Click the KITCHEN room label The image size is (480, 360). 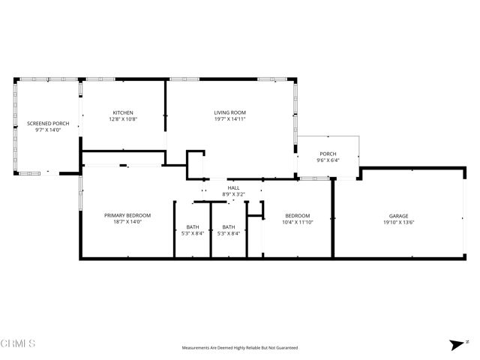click(123, 112)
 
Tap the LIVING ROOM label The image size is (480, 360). click(229, 112)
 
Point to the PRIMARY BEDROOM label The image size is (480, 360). click(127, 215)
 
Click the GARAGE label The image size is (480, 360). click(398, 215)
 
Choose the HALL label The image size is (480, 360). click(233, 187)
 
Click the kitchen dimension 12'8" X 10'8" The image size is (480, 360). click(123, 119)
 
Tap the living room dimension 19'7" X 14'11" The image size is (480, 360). click(229, 119)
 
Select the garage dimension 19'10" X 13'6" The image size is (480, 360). click(398, 222)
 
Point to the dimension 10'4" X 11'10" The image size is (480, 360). click(297, 222)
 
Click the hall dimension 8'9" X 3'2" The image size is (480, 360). click(233, 194)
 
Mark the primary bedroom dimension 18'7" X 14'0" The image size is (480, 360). click(127, 222)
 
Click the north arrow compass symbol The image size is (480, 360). click(455, 344)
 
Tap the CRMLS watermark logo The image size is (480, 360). click(19, 343)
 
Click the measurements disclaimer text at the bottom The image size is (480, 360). click(240, 348)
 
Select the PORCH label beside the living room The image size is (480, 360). click(327, 153)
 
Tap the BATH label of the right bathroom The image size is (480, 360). click(228, 226)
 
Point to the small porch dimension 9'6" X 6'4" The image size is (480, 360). click(327, 160)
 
